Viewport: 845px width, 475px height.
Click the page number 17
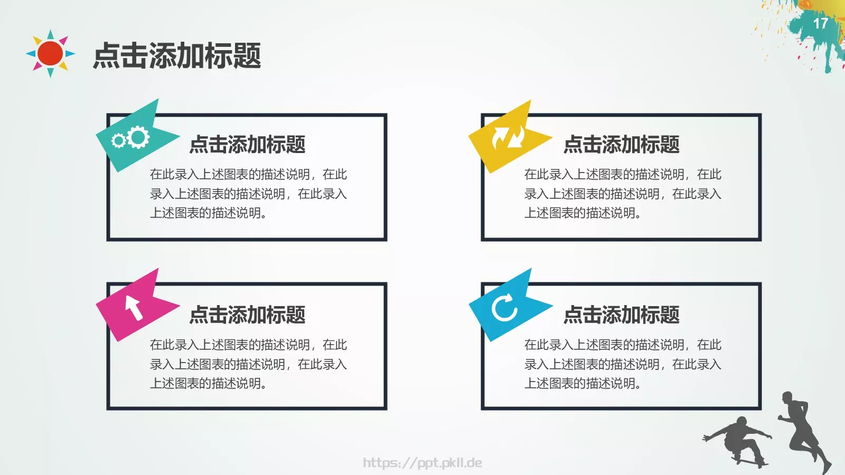coord(820,24)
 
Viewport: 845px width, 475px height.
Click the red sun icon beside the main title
coord(51,53)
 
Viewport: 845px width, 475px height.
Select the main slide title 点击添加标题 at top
coord(177,56)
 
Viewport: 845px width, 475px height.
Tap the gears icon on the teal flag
coord(131,138)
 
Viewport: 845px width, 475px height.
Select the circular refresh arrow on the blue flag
coord(504,307)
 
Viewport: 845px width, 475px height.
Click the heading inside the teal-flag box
coord(247,144)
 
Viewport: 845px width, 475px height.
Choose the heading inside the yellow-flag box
coord(621,144)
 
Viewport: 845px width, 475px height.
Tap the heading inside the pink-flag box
coord(247,315)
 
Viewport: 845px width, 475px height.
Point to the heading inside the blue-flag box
coord(621,315)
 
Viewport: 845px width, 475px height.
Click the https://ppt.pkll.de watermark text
coord(422,463)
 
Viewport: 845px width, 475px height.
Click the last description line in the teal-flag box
coord(209,213)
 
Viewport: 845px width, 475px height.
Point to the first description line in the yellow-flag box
coord(622,174)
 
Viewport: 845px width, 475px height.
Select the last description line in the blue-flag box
coord(583,383)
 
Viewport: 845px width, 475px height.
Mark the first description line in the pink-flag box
coord(248,345)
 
